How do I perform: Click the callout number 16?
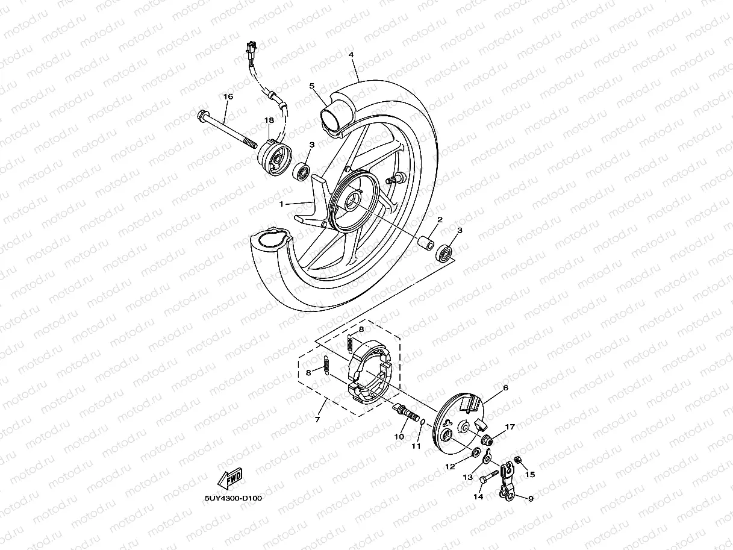click(228, 96)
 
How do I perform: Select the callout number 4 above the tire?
click(351, 55)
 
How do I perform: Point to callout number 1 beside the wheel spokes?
click(281, 204)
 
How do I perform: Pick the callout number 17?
click(510, 427)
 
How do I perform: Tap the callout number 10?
click(398, 436)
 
